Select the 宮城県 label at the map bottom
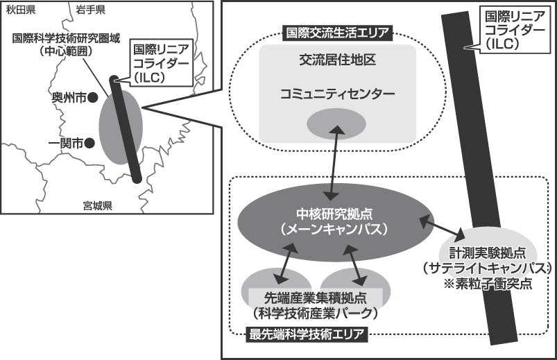click(x=98, y=205)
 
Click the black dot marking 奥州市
click(x=92, y=99)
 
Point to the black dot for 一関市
click(x=89, y=144)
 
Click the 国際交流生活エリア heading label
click(x=338, y=32)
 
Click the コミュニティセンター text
click(x=338, y=93)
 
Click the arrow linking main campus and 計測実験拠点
click(x=442, y=227)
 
